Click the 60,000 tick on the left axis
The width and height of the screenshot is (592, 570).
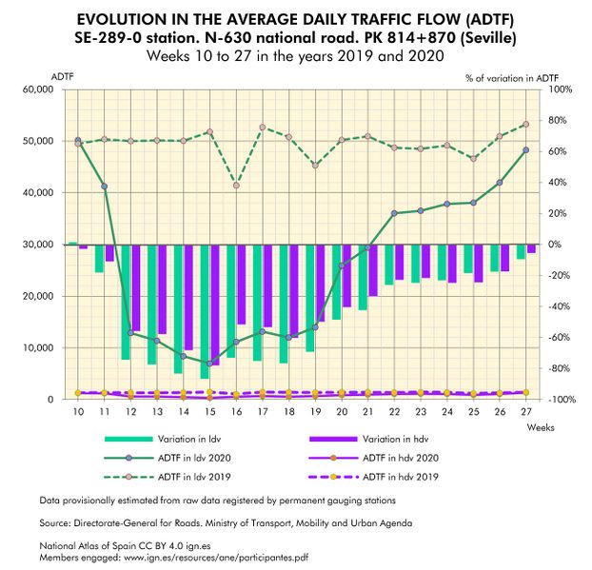(x=37, y=89)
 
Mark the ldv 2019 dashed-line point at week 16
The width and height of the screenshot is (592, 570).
(x=236, y=185)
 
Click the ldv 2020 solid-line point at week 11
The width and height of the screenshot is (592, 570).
(x=104, y=187)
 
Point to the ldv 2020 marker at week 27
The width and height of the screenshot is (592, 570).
(x=526, y=150)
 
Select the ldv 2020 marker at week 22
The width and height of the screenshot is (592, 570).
(x=394, y=213)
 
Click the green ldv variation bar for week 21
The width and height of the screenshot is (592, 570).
(x=363, y=277)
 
